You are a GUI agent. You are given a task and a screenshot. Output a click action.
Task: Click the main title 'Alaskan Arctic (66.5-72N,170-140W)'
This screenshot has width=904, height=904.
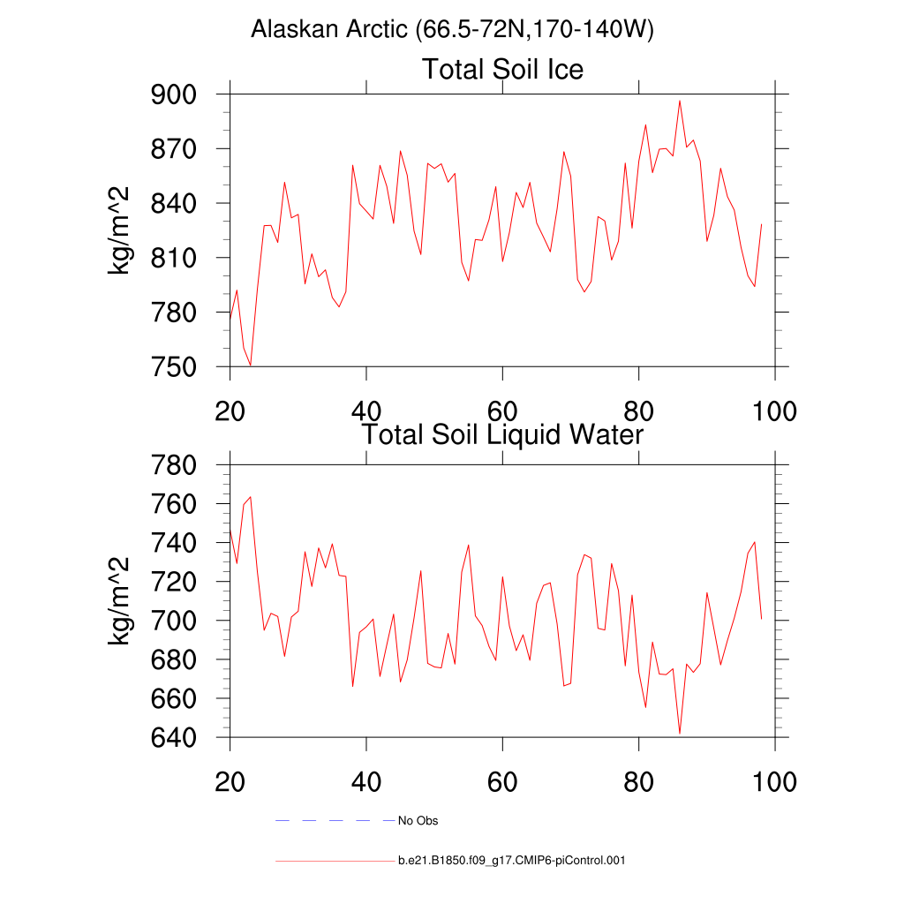click(x=452, y=30)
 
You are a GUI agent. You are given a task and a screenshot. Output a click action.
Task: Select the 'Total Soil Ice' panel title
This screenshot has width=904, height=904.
click(x=502, y=69)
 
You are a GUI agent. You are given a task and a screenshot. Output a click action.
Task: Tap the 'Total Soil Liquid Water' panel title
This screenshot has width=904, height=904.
click(x=502, y=434)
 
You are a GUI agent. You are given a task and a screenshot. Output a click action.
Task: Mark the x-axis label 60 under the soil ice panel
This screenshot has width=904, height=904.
click(x=502, y=411)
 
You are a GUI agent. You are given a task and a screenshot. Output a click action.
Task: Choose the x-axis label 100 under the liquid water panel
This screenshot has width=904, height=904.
click(x=773, y=782)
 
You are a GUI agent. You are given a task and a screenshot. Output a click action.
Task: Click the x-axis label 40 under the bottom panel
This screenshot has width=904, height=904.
click(x=365, y=782)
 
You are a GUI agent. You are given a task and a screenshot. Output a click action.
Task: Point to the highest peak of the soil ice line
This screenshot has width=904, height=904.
click(x=680, y=101)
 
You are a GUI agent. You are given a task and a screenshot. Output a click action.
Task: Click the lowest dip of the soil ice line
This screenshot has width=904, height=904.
click(x=251, y=365)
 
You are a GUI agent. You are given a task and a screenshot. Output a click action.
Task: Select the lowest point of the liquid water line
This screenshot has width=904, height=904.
click(x=680, y=733)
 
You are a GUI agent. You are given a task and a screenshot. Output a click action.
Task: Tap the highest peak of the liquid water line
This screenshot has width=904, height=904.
click(x=251, y=497)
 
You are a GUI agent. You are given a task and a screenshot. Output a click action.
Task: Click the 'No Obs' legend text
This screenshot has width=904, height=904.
click(x=418, y=821)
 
